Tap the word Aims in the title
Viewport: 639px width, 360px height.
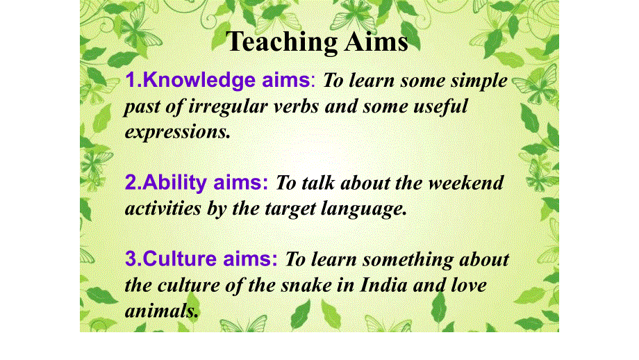pyautogui.click(x=376, y=42)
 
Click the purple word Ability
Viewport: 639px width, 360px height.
pyautogui.click(x=174, y=183)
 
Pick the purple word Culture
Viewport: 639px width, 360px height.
pyautogui.click(x=179, y=259)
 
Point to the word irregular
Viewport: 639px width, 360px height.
pyautogui.click(x=228, y=107)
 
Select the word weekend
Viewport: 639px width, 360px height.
pyautogui.click(x=465, y=183)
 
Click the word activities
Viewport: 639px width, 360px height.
pyautogui.click(x=163, y=208)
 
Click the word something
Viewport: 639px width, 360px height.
pyautogui.click(x=408, y=260)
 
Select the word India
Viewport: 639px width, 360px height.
pyautogui.click(x=383, y=284)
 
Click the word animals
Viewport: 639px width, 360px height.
pyautogui.click(x=161, y=311)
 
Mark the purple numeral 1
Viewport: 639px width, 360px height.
pyautogui.click(x=131, y=81)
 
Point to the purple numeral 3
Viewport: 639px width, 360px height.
pyautogui.click(x=131, y=259)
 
